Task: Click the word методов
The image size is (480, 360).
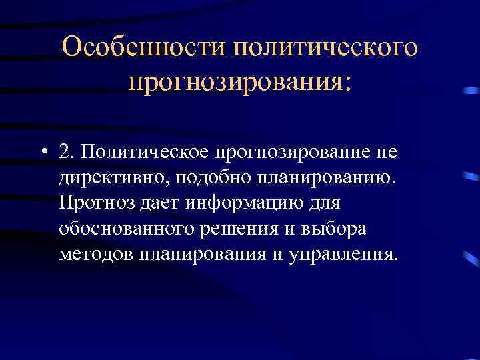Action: click(93, 253)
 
